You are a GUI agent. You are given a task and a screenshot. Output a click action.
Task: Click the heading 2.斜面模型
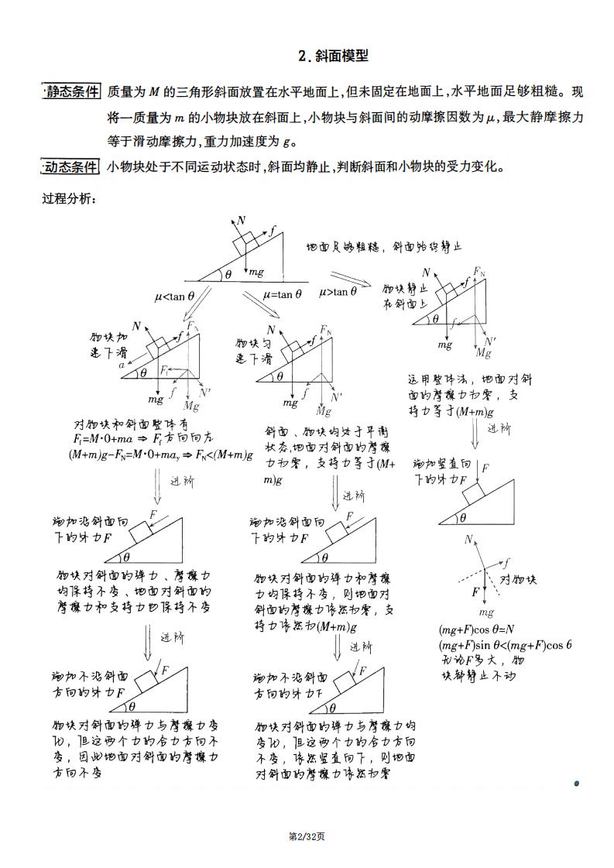(333, 57)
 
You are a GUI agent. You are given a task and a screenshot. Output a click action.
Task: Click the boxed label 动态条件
(71, 167)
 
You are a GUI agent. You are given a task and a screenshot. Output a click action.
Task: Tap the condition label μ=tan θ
(283, 294)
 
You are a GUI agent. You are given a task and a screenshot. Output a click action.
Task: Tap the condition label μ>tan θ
(338, 292)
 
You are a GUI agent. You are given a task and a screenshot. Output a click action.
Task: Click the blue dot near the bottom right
(577, 784)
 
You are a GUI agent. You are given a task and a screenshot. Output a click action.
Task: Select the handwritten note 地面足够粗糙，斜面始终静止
(384, 247)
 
